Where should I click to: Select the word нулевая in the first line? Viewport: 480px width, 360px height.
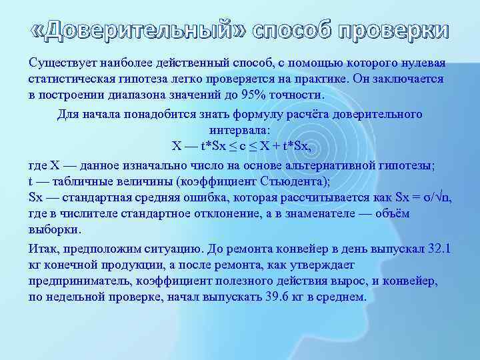(x=424, y=63)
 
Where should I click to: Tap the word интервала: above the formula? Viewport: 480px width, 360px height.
(x=239, y=129)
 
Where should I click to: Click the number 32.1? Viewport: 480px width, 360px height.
(x=439, y=249)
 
